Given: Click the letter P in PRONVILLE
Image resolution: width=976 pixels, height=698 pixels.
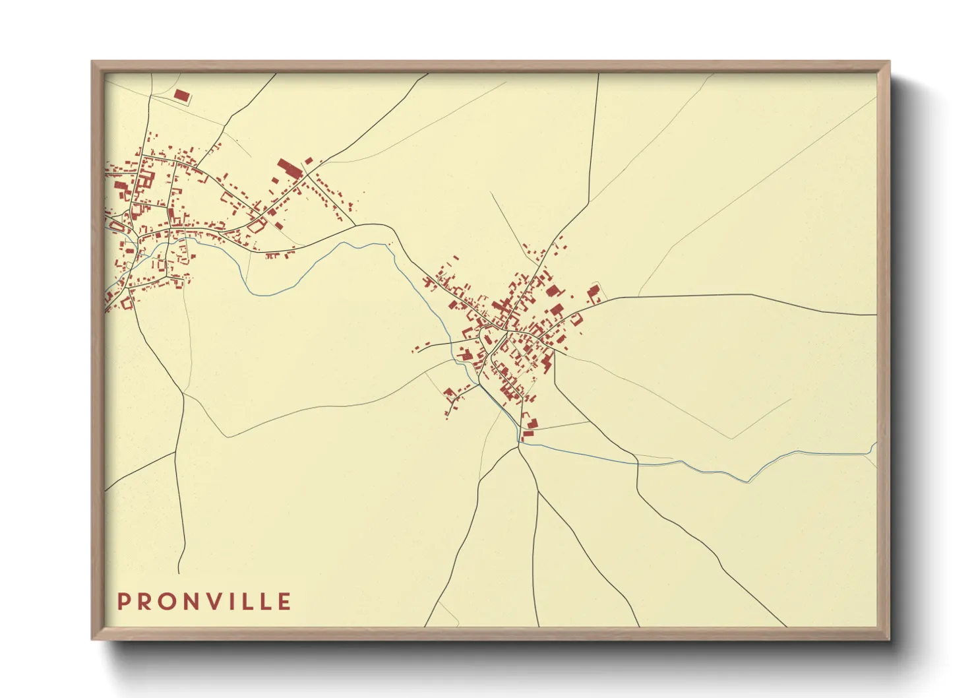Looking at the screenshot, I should [123, 602].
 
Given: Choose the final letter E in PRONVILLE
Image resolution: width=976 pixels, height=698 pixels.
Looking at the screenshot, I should [284, 602].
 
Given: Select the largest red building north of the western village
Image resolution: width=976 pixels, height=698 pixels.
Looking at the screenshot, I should [288, 167].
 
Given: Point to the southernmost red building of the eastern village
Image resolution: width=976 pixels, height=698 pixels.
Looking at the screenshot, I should [527, 435].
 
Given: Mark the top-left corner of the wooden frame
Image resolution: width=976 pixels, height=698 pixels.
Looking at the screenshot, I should [93, 63].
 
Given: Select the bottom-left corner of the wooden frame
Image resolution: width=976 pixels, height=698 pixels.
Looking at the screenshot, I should [93, 639].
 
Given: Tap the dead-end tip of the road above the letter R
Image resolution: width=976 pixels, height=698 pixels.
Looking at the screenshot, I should [179, 573].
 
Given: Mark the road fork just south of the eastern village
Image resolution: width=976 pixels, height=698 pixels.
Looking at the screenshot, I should [519, 447].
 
